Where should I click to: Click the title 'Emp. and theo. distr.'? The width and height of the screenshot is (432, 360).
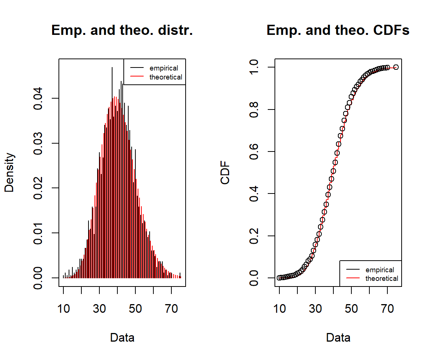(x=122, y=31)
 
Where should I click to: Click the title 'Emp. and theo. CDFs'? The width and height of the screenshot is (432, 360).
(x=338, y=31)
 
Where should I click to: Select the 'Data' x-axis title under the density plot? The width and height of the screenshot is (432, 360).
(x=122, y=337)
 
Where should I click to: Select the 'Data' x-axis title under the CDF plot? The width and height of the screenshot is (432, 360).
(x=338, y=337)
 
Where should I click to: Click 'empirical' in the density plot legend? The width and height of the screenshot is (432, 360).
(x=164, y=68)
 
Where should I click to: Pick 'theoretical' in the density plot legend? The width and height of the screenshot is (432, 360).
(x=166, y=77)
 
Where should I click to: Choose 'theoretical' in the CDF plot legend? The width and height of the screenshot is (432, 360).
(x=382, y=279)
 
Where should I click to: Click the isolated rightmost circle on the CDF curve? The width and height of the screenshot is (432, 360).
(x=396, y=67)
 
